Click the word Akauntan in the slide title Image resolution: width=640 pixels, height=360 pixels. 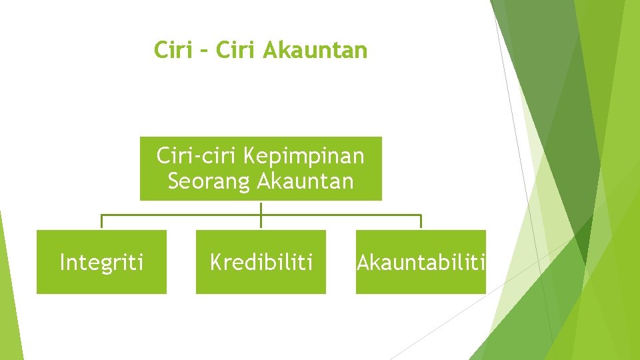[315, 50]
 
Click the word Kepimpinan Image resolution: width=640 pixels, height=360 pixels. [304, 157]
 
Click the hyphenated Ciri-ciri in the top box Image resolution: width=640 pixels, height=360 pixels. [197, 156]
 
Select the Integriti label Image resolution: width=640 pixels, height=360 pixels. [101, 263]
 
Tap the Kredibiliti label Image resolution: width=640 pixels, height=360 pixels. [261, 263]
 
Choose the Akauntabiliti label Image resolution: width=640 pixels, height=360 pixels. [421, 263]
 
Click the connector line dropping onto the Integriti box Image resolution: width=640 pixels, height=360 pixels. [101, 222]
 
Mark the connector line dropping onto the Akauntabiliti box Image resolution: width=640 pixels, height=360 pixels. [421, 222]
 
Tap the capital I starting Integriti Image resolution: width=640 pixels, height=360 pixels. [62, 263]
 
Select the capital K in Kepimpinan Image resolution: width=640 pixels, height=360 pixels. [251, 157]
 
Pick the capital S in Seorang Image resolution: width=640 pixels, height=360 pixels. [174, 181]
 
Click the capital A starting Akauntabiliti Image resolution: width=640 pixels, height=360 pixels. [363, 263]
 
